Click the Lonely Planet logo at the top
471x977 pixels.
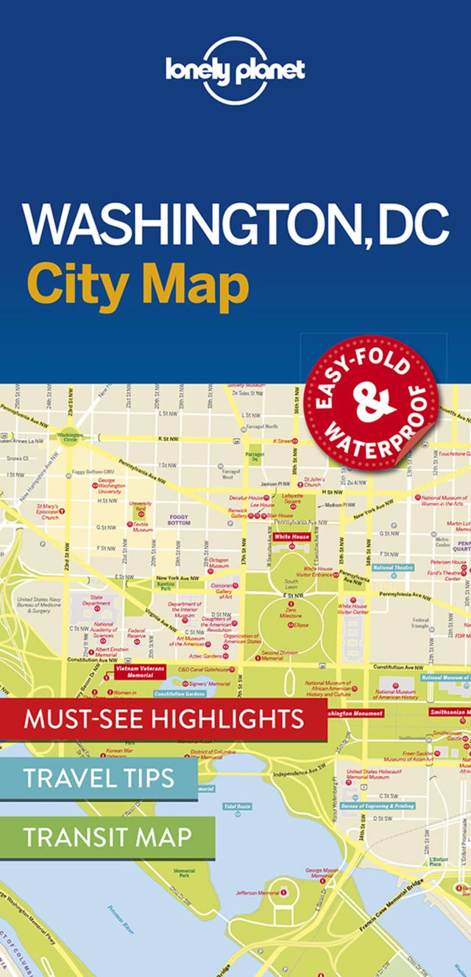click(235, 71)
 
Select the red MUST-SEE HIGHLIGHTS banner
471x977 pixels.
click(163, 719)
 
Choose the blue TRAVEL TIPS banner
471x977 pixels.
click(99, 778)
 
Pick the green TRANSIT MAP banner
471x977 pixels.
click(107, 836)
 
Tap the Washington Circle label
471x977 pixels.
click(71, 436)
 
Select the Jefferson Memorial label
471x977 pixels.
click(258, 892)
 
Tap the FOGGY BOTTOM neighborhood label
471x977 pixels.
click(179, 519)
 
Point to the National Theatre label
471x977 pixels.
click(393, 567)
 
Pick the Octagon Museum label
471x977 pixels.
click(219, 564)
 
